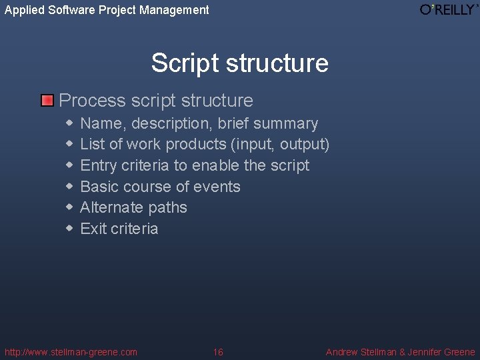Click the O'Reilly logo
449,9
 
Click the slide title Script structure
239,63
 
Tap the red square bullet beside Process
47,101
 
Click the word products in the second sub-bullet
196,144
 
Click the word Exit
93,229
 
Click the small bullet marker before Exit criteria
69,229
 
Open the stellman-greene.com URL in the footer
71,352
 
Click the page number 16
218,352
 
